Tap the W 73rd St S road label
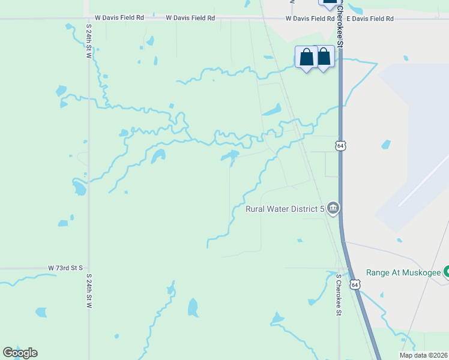click(x=65, y=268)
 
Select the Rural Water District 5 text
click(x=285, y=209)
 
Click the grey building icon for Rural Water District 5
click(x=333, y=209)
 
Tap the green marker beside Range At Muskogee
click(x=446, y=272)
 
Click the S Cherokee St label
click(x=339, y=295)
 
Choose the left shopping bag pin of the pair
click(x=306, y=58)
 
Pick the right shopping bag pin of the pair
click(x=324, y=58)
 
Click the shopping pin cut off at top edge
click(x=329, y=4)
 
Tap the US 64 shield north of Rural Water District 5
click(x=340, y=146)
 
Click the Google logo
click(x=20, y=352)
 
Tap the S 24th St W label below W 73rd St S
click(x=89, y=291)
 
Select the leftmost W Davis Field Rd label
click(x=119, y=18)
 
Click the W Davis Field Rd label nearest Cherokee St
click(x=310, y=19)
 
